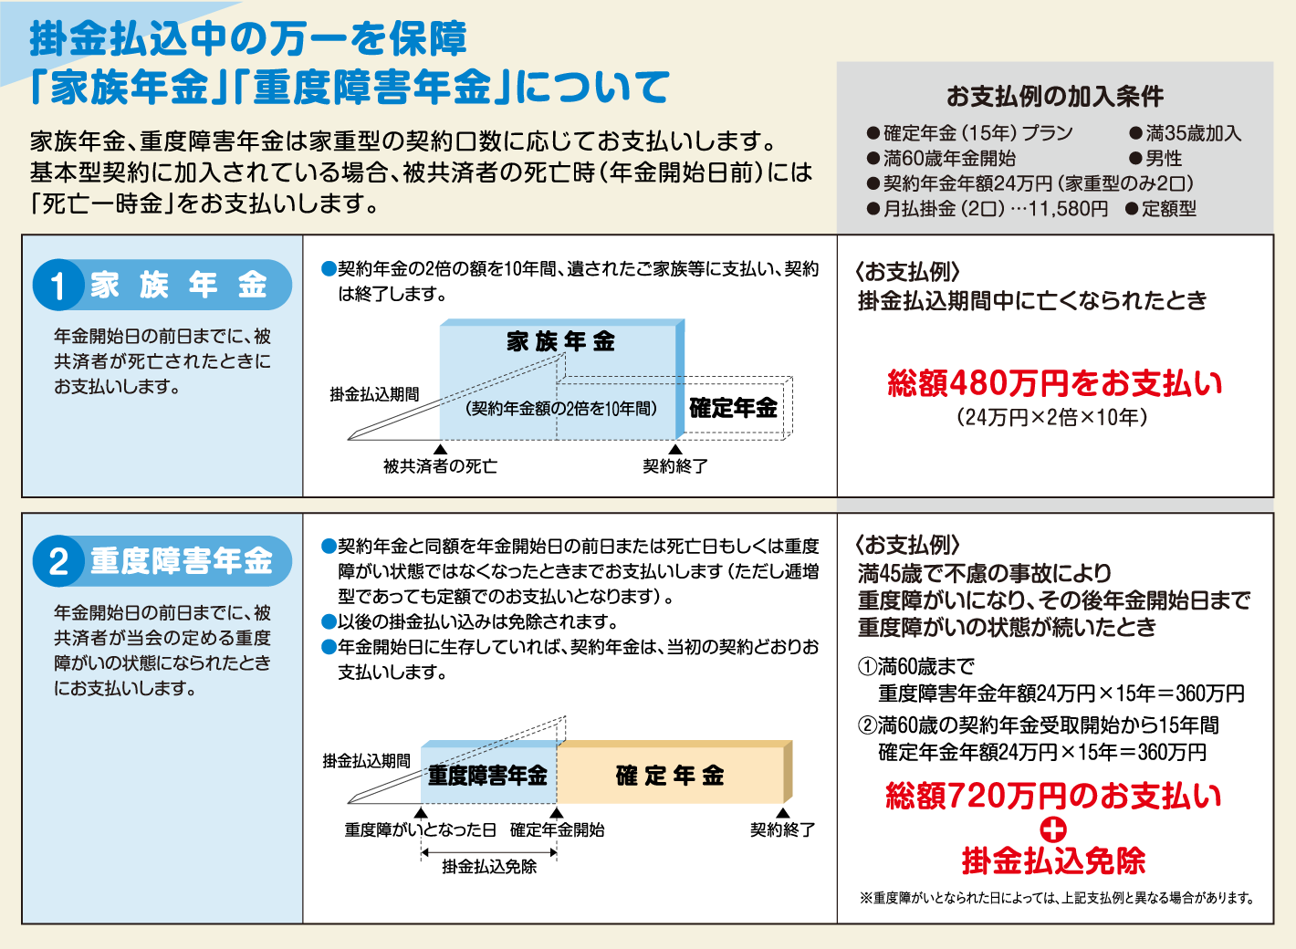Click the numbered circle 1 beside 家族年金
tap(58, 286)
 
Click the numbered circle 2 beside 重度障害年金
tap(58, 561)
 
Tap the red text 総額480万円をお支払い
tap(1055, 383)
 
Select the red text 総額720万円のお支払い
tap(1054, 796)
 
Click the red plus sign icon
tap(1053, 829)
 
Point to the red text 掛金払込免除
tap(1053, 860)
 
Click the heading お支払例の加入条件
tap(1054, 96)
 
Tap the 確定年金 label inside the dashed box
tap(733, 408)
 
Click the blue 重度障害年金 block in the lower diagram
tap(488, 776)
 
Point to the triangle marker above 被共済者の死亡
tap(440, 449)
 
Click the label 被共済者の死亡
tap(440, 466)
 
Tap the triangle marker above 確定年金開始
tap(557, 813)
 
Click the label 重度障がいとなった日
tap(420, 829)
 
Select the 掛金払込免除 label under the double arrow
tap(489, 867)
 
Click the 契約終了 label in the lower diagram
tap(782, 829)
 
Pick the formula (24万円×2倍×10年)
tap(1051, 417)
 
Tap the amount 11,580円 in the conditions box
tap(1068, 209)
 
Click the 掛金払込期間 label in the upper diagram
tap(374, 394)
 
